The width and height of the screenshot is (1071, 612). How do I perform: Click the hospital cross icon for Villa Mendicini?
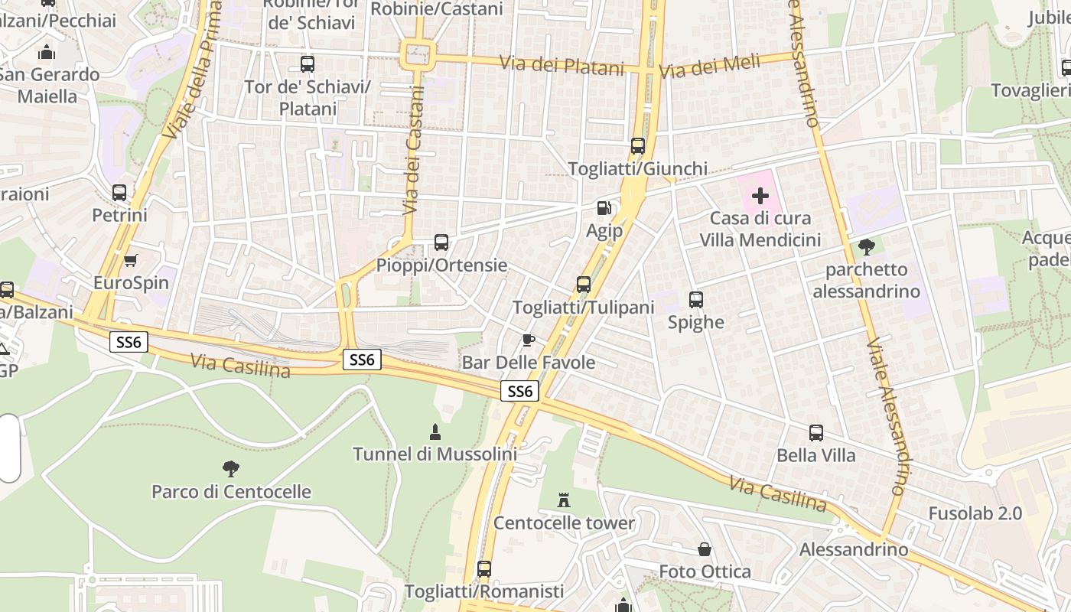[x=760, y=196]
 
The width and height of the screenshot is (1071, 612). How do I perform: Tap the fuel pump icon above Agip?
[x=604, y=207]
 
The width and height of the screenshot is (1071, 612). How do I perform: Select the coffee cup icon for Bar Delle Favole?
[x=528, y=340]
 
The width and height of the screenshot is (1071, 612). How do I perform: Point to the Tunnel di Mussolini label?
[x=435, y=454]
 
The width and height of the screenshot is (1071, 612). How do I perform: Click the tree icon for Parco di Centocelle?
[x=230, y=468]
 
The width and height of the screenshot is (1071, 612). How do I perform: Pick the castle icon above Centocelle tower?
[x=564, y=500]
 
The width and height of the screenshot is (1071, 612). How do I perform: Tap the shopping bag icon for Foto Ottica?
[x=704, y=549]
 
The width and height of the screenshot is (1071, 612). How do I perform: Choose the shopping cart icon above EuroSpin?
[x=131, y=260]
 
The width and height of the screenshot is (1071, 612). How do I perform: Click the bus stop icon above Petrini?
[x=119, y=193]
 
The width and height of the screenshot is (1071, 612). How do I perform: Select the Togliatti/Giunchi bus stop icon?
[x=637, y=146]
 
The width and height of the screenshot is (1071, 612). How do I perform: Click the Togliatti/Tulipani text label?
[x=584, y=308]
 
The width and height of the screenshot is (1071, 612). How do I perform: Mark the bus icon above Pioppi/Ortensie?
[x=441, y=243]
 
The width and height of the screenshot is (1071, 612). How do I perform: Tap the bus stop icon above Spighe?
[x=695, y=300]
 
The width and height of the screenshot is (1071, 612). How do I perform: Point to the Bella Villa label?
[x=816, y=455]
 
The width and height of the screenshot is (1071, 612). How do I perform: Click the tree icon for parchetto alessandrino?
[x=866, y=246]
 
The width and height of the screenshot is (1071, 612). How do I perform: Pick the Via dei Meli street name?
[x=709, y=67]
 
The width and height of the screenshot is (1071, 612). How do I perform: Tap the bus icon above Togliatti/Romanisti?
[x=483, y=569]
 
